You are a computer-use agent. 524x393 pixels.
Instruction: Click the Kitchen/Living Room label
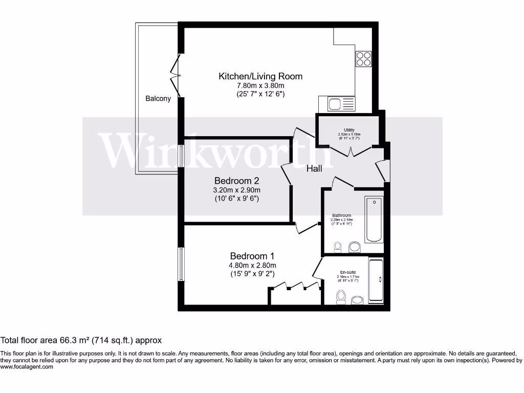(x=260, y=76)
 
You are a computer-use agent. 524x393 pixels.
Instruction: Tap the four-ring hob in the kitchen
(x=364, y=59)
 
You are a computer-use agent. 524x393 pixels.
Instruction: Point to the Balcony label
(x=158, y=98)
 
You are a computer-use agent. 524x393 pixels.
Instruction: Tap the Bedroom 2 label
(x=236, y=181)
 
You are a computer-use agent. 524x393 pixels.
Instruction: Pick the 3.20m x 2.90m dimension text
(x=236, y=190)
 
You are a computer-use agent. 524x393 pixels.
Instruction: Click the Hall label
(x=314, y=168)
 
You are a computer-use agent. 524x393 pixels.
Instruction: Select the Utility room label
(x=350, y=130)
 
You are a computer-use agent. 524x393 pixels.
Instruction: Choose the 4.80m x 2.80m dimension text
(x=253, y=265)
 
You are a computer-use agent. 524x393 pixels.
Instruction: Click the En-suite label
(x=348, y=272)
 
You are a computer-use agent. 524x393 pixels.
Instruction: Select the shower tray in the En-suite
(x=376, y=281)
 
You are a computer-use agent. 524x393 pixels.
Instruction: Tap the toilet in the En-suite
(x=340, y=296)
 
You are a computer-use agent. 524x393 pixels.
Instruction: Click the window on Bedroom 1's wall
(x=181, y=264)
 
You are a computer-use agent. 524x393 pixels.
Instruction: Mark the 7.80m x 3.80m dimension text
(x=260, y=85)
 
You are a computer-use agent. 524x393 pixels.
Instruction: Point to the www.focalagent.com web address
(x=27, y=366)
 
